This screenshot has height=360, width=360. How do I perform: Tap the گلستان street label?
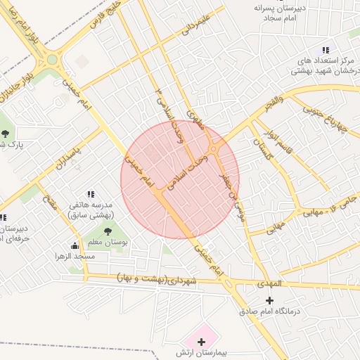coord(262,148)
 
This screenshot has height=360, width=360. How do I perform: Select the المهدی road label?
coord(269,283)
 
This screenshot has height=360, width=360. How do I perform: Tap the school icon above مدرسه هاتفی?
coord(91,194)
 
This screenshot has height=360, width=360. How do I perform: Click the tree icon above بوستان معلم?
coord(108,231)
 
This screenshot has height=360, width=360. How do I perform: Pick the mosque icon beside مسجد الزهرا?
coord(75,245)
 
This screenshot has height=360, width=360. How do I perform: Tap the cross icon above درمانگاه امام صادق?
coord(269,300)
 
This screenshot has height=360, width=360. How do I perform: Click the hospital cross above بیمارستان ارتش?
coord(202,342)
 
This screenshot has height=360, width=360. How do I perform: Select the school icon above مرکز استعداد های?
coord(325,50)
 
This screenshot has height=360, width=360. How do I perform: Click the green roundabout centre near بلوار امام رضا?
coord(51,60)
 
